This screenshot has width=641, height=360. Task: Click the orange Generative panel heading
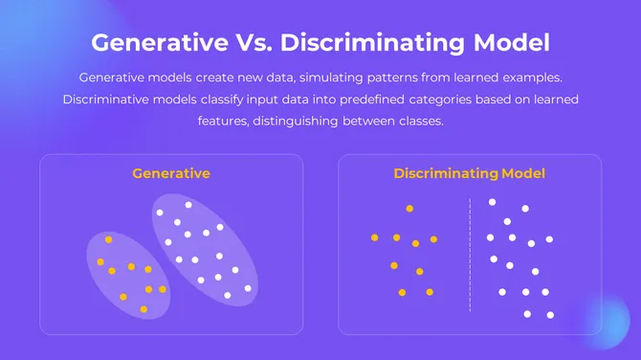[x=171, y=173]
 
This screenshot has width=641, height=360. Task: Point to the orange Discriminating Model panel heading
[x=469, y=173]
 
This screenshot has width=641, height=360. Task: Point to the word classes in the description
[x=422, y=123]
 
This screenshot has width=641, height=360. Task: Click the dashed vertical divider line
[x=470, y=255]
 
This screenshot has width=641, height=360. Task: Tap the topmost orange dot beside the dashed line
[x=409, y=208]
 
